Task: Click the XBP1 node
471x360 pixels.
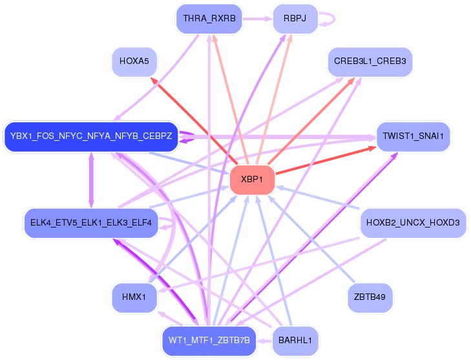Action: tap(253, 180)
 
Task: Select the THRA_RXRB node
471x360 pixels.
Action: tap(209, 19)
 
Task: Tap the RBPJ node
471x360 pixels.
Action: tap(295, 19)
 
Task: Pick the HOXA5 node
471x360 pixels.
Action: tap(134, 61)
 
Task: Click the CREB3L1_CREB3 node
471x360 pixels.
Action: tap(370, 61)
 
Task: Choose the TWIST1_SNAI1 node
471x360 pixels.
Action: tap(413, 136)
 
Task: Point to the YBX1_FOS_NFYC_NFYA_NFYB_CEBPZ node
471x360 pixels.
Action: tap(91, 136)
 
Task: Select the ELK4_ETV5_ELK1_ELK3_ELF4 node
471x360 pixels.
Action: tap(91, 223)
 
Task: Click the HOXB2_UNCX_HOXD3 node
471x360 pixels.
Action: tap(413, 223)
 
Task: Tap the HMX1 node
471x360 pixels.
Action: tap(134, 297)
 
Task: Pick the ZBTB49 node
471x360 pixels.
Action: tap(370, 297)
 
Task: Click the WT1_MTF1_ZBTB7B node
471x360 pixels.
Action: tap(209, 341)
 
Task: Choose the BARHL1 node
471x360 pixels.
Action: tap(295, 341)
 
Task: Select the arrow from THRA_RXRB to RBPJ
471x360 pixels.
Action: tap(258, 19)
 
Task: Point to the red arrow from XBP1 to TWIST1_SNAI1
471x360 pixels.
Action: tap(326, 160)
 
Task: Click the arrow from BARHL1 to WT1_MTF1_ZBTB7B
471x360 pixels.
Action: tap(264, 341)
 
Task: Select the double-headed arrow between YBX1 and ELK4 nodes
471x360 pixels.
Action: tap(91, 180)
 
